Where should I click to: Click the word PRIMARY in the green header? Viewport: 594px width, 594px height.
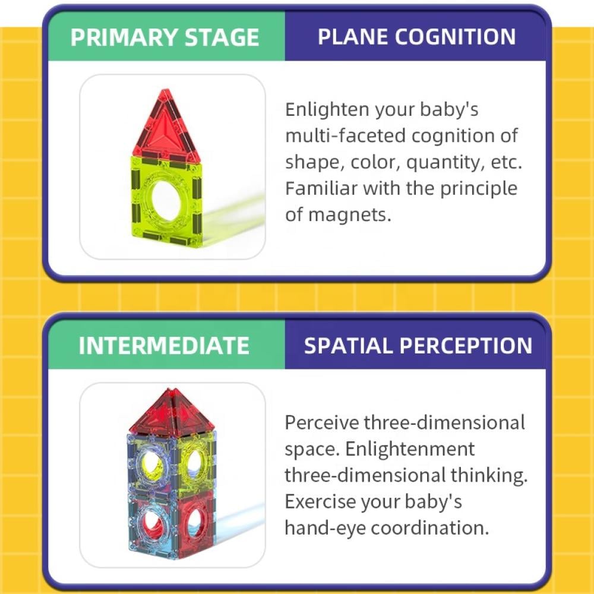click(x=124, y=37)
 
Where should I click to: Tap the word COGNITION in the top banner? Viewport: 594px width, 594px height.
click(x=455, y=37)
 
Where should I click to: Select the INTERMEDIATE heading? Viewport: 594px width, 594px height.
click(x=164, y=346)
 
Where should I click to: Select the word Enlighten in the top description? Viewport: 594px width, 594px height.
click(x=327, y=110)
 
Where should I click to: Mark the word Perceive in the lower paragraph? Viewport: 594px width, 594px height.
click(x=321, y=423)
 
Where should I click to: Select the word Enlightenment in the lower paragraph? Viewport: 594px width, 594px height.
click(x=409, y=449)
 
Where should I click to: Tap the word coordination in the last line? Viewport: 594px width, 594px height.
click(x=430, y=528)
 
